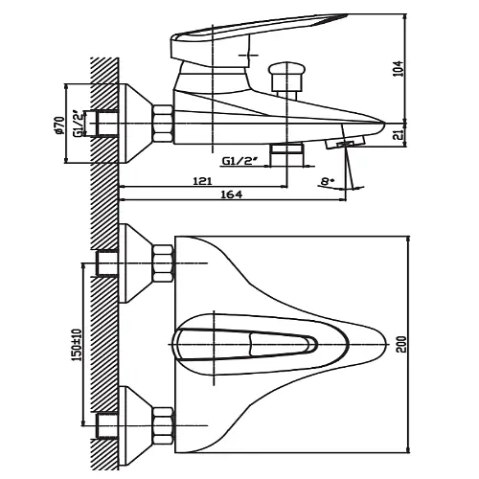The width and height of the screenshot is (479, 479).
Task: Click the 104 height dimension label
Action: pos(399,69)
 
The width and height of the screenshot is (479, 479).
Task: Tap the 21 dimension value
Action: pos(399,135)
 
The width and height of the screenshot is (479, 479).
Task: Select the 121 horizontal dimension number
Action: pos(202,181)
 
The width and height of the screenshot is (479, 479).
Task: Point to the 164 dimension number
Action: pos(232,194)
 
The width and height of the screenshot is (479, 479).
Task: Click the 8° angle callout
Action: pos(327,181)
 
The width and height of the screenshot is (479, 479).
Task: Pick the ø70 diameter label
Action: pos(60,125)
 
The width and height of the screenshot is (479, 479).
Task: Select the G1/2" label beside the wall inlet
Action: pos(79,124)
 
